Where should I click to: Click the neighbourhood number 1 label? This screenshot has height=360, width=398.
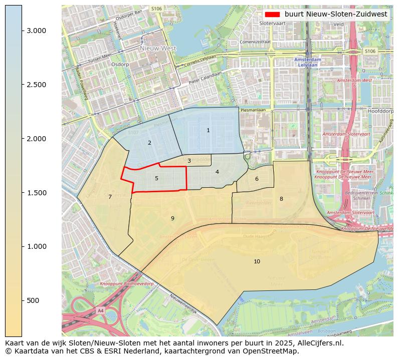pos(208,130)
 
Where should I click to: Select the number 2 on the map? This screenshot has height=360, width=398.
pos(149,143)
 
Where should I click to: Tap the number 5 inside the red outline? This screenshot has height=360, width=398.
pos(156,178)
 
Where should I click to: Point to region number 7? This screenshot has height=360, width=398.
pos(110,197)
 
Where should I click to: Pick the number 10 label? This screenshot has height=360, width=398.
pos(257,261)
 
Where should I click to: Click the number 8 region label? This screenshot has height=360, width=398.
pos(281,199)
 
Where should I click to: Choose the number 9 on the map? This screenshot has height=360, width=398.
pos(172,218)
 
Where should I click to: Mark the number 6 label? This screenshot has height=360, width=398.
pos(257,179)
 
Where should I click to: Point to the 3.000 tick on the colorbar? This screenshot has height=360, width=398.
pos(36,31)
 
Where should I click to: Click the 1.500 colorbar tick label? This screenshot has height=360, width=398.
pos(36,193)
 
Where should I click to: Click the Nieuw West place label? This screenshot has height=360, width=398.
pos(158,49)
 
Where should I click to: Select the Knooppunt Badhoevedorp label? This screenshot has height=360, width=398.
pos(126,284)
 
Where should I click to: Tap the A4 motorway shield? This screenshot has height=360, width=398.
pos(101,310)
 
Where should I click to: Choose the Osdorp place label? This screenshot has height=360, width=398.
pos(120,64)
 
